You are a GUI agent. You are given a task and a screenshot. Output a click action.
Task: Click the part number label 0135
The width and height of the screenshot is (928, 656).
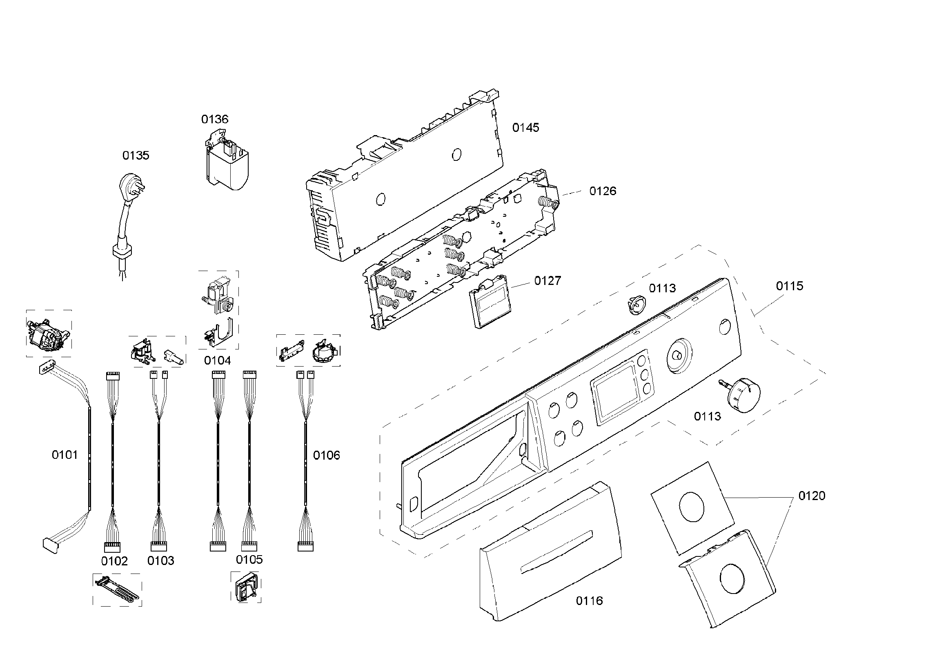click(136, 156)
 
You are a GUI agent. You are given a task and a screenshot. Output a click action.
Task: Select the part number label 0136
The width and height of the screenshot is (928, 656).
click(214, 119)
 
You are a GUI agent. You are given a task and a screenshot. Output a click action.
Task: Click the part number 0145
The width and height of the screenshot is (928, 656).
click(525, 128)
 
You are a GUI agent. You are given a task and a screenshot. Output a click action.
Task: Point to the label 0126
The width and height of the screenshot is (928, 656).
click(603, 191)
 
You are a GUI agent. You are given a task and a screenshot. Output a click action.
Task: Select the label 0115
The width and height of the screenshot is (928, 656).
click(789, 286)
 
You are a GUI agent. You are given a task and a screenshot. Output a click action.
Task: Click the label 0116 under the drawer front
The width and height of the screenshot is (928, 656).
click(589, 601)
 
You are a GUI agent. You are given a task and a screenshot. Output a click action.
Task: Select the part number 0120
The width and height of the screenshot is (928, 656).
click(812, 496)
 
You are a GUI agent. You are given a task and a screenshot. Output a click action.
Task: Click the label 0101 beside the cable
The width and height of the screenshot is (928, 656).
click(65, 455)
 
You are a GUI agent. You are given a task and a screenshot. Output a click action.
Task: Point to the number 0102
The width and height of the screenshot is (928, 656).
click(114, 561)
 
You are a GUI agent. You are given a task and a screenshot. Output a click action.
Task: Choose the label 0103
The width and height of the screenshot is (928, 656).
click(160, 561)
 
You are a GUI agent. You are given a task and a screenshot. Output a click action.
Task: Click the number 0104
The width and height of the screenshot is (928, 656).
click(217, 360)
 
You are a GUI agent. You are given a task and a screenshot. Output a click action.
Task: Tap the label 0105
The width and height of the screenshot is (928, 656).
click(249, 560)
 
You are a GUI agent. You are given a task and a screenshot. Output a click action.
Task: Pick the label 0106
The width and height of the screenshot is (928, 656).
click(326, 455)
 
